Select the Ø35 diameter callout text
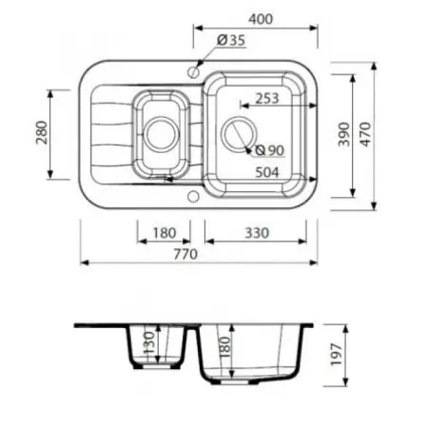[x=231, y=40]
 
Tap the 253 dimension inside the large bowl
[x=267, y=98]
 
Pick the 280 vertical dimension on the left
[x=40, y=134]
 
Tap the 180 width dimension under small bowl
[x=164, y=231]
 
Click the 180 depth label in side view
[x=224, y=348]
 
